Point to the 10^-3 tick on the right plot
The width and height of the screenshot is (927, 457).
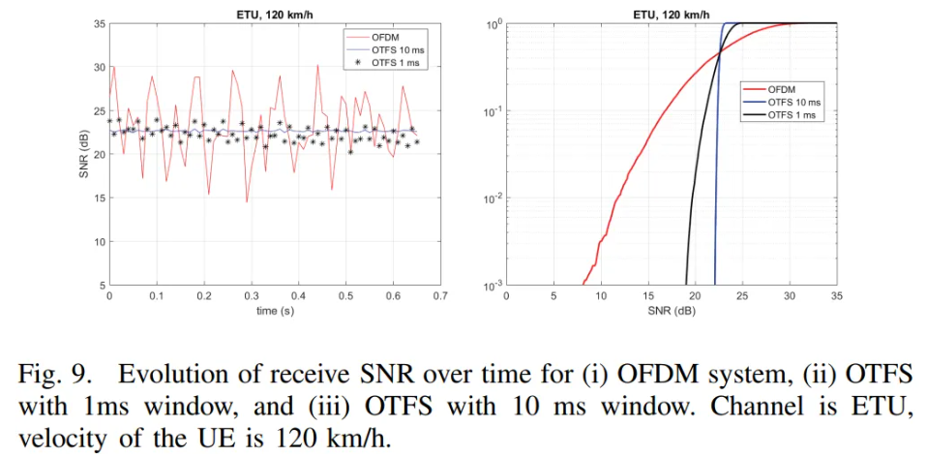click(x=491, y=285)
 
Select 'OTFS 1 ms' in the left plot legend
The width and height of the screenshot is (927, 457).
click(x=398, y=63)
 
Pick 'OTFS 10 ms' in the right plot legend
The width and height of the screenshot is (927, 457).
click(x=794, y=101)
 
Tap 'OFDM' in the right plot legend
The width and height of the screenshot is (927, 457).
click(x=785, y=88)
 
